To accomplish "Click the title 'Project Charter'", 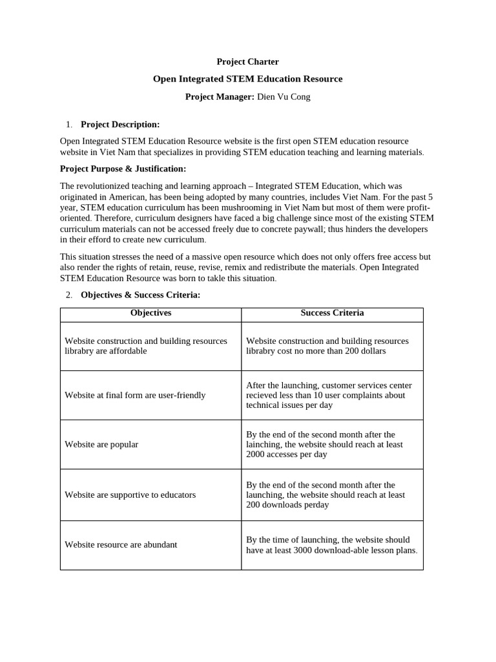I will pyautogui.click(x=247, y=62).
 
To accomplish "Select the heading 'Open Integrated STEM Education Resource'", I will pyautogui.click(x=247, y=79).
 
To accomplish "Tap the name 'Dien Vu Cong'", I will pyautogui.click(x=284, y=97).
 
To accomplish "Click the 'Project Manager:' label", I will pyautogui.click(x=220, y=97).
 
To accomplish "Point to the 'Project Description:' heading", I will pyautogui.click(x=120, y=124).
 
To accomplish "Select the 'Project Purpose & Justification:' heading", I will pyautogui.click(x=123, y=169).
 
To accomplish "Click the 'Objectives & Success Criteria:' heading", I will pyautogui.click(x=140, y=295).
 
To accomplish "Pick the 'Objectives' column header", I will pyautogui.click(x=150, y=313).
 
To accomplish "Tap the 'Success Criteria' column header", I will pyautogui.click(x=332, y=313).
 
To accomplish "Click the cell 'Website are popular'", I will pyautogui.click(x=101, y=445).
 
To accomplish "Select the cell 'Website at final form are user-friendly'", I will pyautogui.click(x=135, y=395).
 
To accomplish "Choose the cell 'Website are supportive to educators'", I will pyautogui.click(x=130, y=495).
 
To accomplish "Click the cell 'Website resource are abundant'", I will pyautogui.click(x=121, y=544).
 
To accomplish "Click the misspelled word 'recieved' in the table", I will pyautogui.click(x=262, y=395).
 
